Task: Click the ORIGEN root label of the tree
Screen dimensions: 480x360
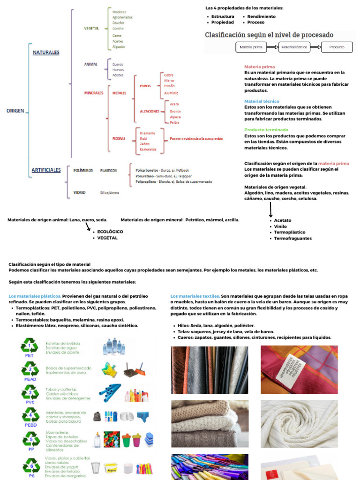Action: pyautogui.click(x=15, y=111)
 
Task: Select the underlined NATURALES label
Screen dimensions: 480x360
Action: pyautogui.click(x=46, y=52)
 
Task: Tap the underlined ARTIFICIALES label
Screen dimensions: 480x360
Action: pyautogui.click(x=46, y=170)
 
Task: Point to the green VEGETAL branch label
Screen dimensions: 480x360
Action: pyautogui.click(x=91, y=28)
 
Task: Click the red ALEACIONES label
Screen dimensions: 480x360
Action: pyautogui.click(x=150, y=112)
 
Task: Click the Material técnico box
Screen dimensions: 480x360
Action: pyautogui.click(x=294, y=47)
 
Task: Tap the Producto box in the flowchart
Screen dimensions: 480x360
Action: pyautogui.click(x=336, y=47)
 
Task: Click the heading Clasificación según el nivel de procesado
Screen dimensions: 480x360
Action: pyautogui.click(x=269, y=35)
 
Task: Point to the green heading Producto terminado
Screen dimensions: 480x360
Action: pyautogui.click(x=266, y=130)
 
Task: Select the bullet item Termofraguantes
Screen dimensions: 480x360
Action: pyautogui.click(x=292, y=238)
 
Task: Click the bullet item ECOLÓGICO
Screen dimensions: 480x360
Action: pyautogui.click(x=110, y=232)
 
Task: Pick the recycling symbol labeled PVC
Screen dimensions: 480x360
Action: pyautogui.click(x=30, y=392)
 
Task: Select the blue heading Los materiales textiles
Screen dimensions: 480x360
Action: pyautogui.click(x=195, y=296)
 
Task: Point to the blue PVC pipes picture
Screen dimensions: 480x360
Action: pyautogui.click(x=110, y=392)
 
